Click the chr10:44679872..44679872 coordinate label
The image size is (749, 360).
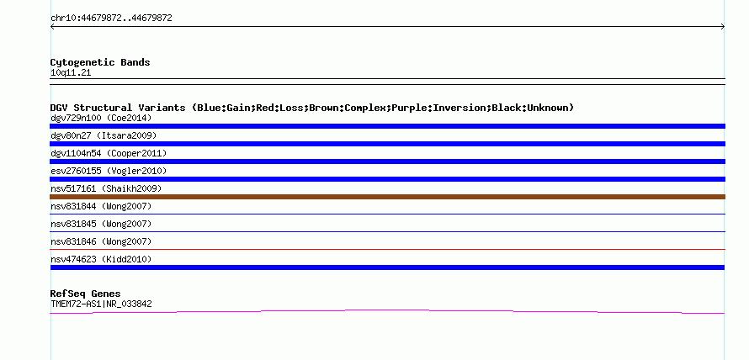111,19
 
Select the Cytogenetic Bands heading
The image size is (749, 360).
100,62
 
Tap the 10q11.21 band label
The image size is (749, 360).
71,73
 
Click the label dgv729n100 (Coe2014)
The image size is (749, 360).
101,118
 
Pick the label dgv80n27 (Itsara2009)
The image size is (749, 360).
104,135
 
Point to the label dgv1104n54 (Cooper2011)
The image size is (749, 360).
109,153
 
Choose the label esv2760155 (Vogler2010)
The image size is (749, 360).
109,171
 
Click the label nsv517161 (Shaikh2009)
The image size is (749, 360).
106,188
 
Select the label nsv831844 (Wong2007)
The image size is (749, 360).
101,206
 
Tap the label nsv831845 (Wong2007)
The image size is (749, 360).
101,224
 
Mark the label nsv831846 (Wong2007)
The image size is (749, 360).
101,241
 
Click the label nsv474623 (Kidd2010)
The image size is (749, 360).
101,259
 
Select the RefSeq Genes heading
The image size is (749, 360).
86,294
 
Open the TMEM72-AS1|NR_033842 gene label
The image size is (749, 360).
101,304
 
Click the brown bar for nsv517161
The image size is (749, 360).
387,197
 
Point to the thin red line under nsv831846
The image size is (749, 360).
387,249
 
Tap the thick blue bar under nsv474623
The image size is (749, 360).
387,267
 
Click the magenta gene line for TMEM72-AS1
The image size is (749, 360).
387,311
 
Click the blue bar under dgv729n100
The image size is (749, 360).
387,126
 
